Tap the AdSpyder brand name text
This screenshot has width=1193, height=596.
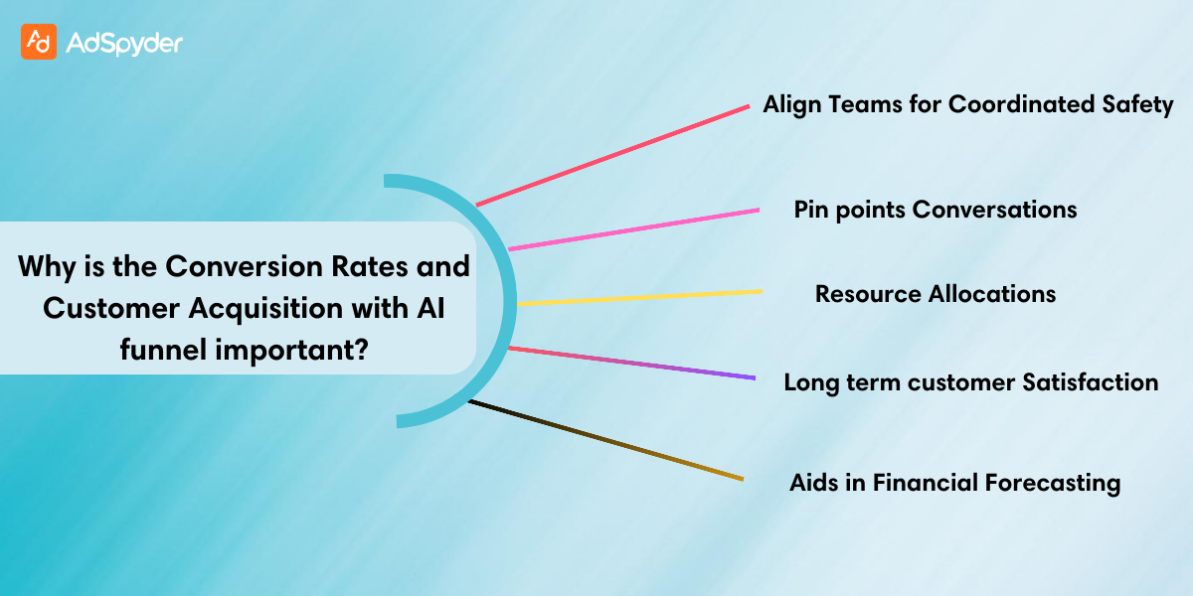pyautogui.click(x=124, y=42)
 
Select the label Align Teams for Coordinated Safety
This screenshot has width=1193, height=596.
pyautogui.click(x=968, y=104)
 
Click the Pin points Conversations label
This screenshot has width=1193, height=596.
pyautogui.click(x=936, y=209)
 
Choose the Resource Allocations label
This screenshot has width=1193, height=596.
pyautogui.click(x=936, y=294)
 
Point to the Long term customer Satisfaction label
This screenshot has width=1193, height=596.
pyautogui.click(x=971, y=381)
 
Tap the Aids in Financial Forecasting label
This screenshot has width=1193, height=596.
pyautogui.click(x=955, y=483)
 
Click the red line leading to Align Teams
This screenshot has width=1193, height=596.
pyautogui.click(x=612, y=155)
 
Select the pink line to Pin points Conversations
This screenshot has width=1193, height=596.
pyautogui.click(x=634, y=228)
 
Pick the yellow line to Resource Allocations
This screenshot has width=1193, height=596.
pyautogui.click(x=640, y=296)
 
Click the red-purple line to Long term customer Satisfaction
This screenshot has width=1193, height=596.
pyautogui.click(x=632, y=363)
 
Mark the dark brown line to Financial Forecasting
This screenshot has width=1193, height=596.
pyautogui.click(x=606, y=440)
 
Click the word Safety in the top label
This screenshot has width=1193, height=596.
pyautogui.click(x=1139, y=104)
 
